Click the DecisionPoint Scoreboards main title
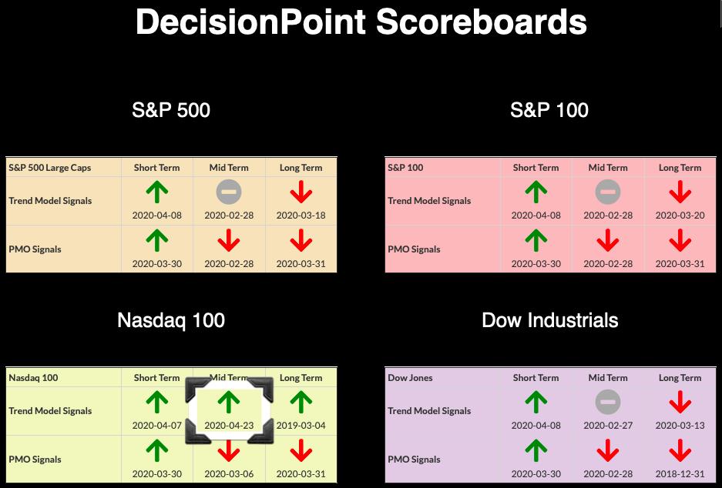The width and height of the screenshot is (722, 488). point(361,22)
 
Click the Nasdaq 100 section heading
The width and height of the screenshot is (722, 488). point(171,320)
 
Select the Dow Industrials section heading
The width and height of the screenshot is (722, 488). point(550,320)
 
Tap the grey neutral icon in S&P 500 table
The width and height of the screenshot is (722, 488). point(229,192)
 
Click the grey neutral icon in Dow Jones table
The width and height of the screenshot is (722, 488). point(608,402)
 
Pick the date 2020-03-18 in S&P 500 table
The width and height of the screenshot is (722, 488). point(301,216)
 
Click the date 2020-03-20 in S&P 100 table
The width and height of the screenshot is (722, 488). point(680,216)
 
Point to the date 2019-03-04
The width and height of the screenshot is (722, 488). point(301,426)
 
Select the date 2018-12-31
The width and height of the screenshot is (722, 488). point(680,473)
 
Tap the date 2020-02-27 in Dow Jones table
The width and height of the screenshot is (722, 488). point(608,426)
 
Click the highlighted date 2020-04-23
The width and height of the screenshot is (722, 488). point(229,426)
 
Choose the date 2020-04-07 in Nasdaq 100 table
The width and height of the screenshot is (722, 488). point(157,426)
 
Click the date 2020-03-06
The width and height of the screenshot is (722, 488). point(229,473)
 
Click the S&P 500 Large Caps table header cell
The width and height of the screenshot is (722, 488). point(50,168)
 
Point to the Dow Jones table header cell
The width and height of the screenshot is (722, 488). point(410,378)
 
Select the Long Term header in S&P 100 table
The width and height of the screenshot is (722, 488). point(680,168)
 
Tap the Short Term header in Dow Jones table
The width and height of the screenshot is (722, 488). point(536,378)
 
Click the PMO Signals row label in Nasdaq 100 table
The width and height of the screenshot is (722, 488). point(35,460)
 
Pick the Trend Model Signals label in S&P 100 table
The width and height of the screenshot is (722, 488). point(429,201)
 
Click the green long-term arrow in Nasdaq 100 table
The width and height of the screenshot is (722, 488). point(301,402)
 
